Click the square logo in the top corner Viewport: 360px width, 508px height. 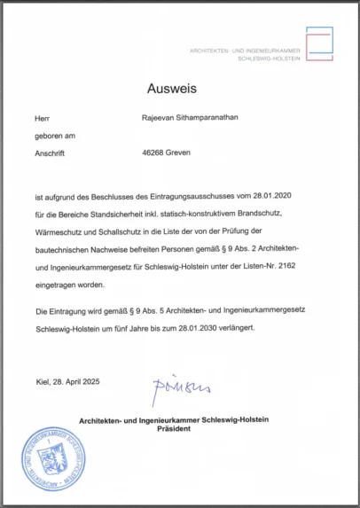pos(319,43)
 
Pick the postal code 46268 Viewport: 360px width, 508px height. pos(154,152)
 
